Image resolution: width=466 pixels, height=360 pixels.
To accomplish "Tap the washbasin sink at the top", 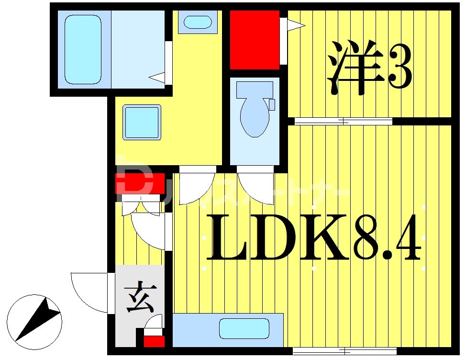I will [x=197, y=22].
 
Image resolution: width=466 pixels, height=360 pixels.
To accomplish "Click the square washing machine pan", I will [x=142, y=122].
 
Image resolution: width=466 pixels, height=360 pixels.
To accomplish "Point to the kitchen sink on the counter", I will [x=244, y=328].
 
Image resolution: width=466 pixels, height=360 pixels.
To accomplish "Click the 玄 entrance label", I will [x=138, y=299].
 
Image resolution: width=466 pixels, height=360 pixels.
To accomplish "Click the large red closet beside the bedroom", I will [x=254, y=40].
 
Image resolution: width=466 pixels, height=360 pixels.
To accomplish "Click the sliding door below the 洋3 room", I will [x=343, y=121].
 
